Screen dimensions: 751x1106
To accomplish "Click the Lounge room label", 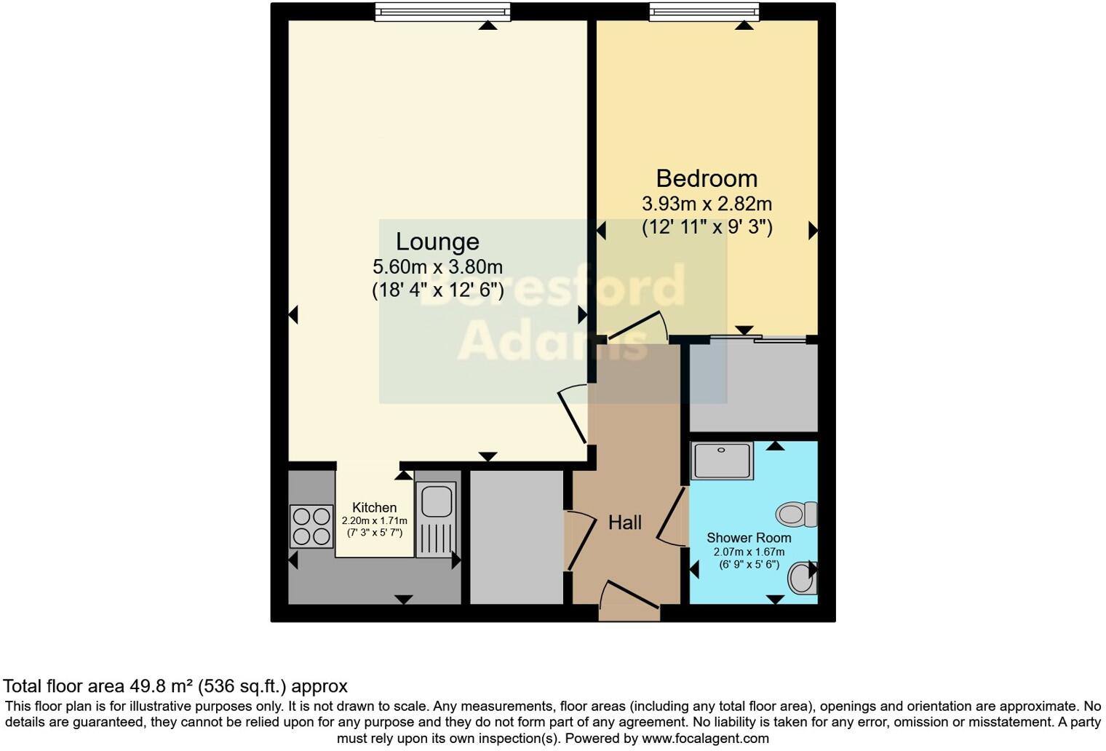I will pos(437,242).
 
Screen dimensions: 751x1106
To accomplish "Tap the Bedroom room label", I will pos(706,178).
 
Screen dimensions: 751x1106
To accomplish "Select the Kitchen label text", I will pos(374,507).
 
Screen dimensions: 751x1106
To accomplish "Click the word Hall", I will pos(624,522).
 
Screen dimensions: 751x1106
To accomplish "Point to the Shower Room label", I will pos(749,538).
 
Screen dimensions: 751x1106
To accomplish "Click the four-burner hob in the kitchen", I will pos(311,526).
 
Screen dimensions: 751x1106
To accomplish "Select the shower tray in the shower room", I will pos(721,461).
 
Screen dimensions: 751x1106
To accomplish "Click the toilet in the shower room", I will pos(797,514).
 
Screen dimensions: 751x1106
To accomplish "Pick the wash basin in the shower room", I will pos(803,578).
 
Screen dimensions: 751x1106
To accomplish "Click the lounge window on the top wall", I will pos(442,12).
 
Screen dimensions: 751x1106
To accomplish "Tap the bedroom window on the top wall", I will pos(704,12).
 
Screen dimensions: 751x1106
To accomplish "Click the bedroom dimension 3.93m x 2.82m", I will pos(706,204).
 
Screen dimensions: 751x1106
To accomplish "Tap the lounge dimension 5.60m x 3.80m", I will pos(437,267).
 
